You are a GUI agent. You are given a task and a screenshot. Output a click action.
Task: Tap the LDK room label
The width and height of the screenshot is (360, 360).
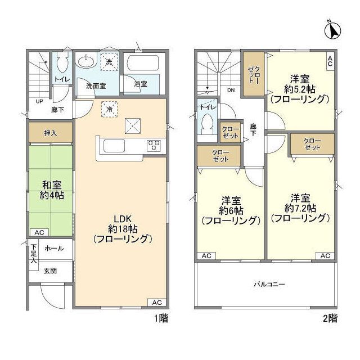(x=123, y=219)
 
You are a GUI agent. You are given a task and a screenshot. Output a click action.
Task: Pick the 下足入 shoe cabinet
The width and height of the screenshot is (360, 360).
(x=34, y=253)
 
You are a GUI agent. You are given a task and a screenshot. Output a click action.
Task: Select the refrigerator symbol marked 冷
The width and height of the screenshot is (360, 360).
(x=109, y=109)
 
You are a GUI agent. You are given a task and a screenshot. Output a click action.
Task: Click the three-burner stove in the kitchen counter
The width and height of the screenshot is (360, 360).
(x=154, y=145)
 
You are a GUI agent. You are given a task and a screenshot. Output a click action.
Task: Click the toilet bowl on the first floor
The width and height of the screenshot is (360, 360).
(x=61, y=62)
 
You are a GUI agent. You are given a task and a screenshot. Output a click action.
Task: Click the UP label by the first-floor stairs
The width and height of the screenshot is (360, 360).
(x=39, y=102)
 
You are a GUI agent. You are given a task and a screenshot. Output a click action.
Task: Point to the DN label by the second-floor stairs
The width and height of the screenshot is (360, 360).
(x=231, y=90)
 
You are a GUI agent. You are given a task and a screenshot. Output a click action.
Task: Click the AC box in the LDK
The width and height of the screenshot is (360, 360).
(x=157, y=302)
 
